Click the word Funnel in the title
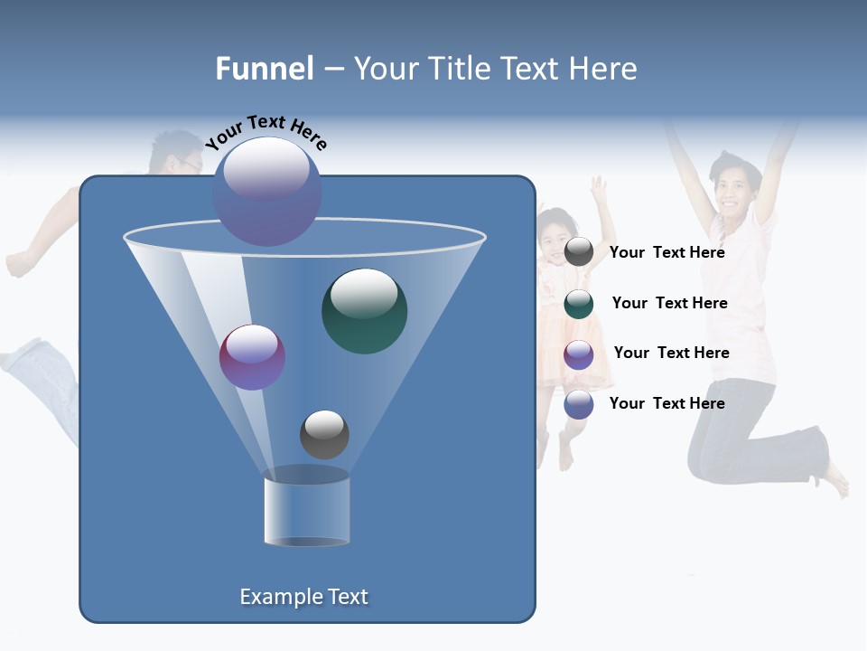point(265,69)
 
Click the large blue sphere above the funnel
point(266,192)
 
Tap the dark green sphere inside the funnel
point(364,311)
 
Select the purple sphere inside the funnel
point(252,357)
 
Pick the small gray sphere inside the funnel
point(324,434)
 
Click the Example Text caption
point(303,597)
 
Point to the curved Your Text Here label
point(266,132)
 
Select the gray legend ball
point(579,252)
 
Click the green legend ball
point(579,304)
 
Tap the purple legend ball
point(579,354)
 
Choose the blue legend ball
point(579,404)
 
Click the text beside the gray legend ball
point(667,253)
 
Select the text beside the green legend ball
point(669,304)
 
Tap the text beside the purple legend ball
point(671,354)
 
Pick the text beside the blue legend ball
point(667,403)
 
